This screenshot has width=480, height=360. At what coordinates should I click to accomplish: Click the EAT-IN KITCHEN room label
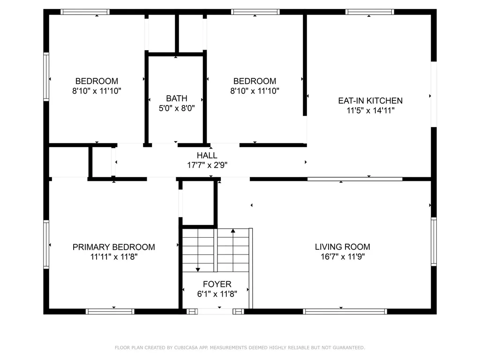[x=370, y=100]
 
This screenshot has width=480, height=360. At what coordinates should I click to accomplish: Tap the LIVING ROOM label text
[x=342, y=247]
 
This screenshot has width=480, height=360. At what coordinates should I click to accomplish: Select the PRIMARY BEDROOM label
[x=113, y=247]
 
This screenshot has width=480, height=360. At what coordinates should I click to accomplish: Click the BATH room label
[x=176, y=98]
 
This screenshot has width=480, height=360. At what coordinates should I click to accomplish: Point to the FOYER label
[x=217, y=284]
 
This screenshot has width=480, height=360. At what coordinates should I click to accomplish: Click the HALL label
[x=207, y=155]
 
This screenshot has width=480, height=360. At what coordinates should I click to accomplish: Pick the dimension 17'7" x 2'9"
[x=207, y=165]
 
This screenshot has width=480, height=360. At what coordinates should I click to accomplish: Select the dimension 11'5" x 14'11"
[x=370, y=111]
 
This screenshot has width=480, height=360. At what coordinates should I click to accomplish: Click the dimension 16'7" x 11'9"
[x=342, y=257]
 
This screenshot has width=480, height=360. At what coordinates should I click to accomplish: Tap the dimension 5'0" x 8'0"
[x=176, y=108]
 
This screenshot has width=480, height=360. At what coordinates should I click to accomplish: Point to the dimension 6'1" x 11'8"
[x=217, y=294]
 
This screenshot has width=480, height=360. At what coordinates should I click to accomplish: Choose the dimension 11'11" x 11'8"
[x=113, y=257]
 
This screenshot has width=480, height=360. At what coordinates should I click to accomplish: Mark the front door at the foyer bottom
[x=215, y=311]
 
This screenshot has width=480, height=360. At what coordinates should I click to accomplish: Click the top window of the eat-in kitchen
[x=370, y=12]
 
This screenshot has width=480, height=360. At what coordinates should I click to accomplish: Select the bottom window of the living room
[x=345, y=311]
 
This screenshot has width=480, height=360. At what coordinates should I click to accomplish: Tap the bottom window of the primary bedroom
[x=110, y=311]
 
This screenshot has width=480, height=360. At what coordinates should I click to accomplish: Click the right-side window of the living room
[x=434, y=242]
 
